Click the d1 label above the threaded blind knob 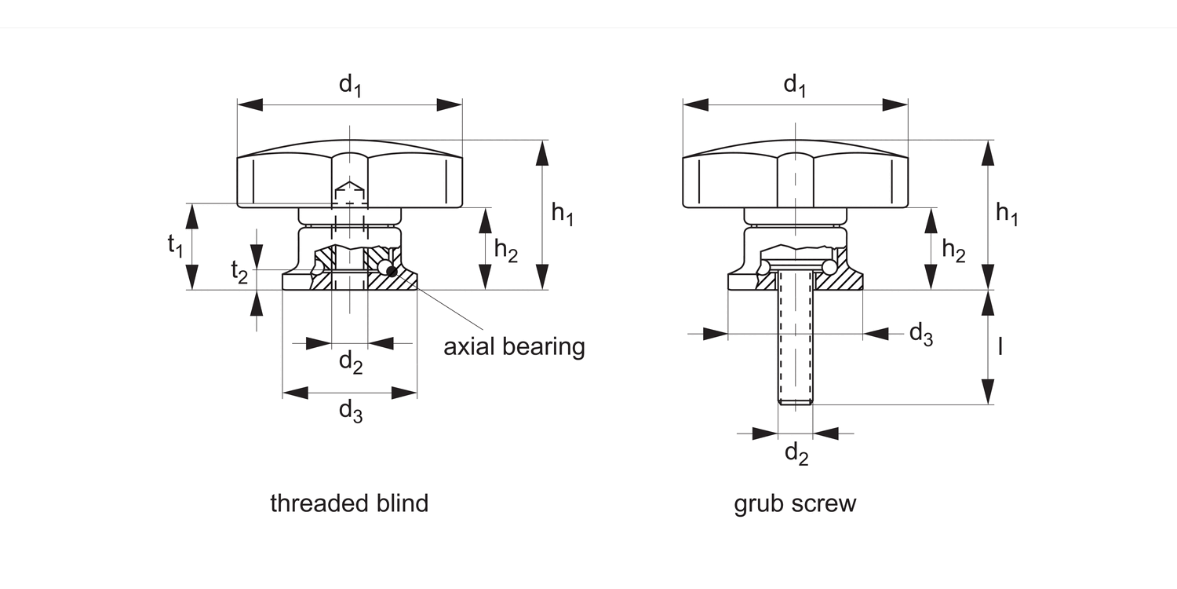(x=350, y=85)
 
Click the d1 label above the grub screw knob (x=795, y=85)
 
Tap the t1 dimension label (x=175, y=247)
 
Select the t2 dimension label (x=239, y=272)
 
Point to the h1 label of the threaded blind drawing (x=562, y=214)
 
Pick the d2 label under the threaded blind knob (x=350, y=362)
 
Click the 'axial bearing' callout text (x=514, y=346)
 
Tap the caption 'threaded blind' (x=349, y=503)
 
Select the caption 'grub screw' (x=795, y=503)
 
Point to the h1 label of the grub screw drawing (x=1007, y=214)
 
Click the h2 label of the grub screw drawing (x=953, y=251)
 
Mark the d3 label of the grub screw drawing (x=920, y=335)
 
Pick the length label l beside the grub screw (x=1000, y=346)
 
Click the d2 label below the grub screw (x=796, y=453)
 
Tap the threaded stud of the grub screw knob (x=796, y=338)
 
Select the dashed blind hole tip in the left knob (x=349, y=191)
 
